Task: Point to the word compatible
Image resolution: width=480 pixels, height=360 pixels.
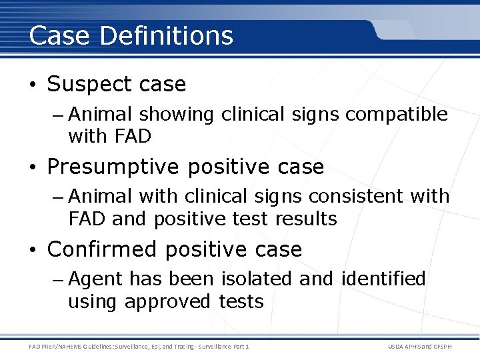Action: [x=396, y=115]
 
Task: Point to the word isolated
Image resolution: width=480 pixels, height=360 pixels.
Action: [x=258, y=279]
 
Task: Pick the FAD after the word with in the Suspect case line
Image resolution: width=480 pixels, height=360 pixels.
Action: [x=133, y=137]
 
